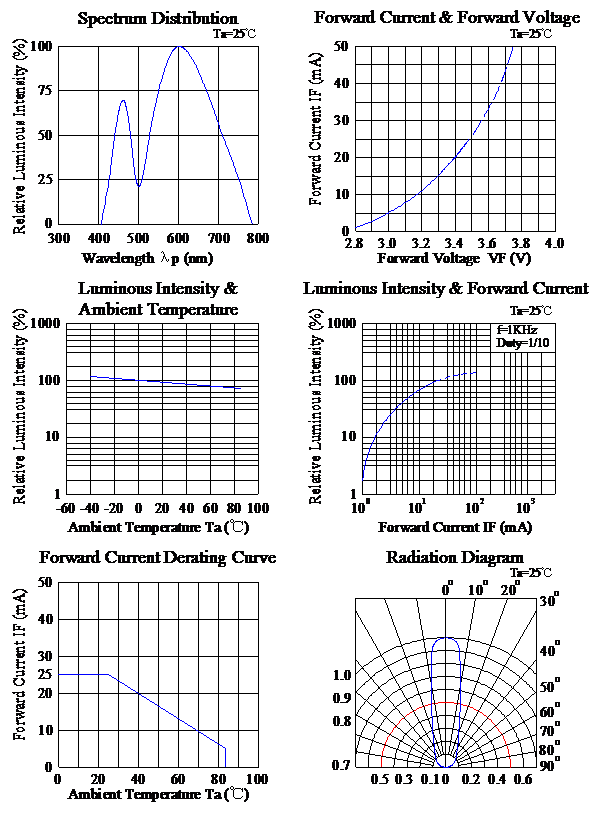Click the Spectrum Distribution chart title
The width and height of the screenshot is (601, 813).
pos(158,19)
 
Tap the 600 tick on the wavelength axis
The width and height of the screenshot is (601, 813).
pos(178,239)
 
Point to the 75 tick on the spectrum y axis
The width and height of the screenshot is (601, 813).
pos(45,91)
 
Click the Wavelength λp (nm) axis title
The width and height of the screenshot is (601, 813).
pos(147,258)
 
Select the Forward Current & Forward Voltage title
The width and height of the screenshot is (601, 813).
pos(447,18)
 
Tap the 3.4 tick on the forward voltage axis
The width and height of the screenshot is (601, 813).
pos(454,243)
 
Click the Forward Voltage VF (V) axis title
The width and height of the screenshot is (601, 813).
pos(454,258)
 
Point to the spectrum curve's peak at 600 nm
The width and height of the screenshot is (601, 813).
pos(179,46)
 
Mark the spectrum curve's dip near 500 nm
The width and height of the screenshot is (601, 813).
pos(138,185)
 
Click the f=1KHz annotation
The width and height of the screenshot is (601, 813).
pos(517,330)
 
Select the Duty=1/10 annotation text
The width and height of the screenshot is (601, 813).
pos(522,343)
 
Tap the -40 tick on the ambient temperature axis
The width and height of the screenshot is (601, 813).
pos(90,508)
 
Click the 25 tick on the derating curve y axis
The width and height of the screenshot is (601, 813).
pos(45,674)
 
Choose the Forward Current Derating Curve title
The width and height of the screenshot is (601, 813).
pos(157,558)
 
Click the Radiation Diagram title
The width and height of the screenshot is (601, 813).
pos(455,557)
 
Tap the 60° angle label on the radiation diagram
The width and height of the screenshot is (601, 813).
pos(550,711)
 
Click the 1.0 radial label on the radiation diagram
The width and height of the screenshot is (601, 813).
pos(342,675)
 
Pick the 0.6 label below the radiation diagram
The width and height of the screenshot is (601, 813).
pos(523,780)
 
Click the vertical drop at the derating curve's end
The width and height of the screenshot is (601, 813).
pos(226,758)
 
